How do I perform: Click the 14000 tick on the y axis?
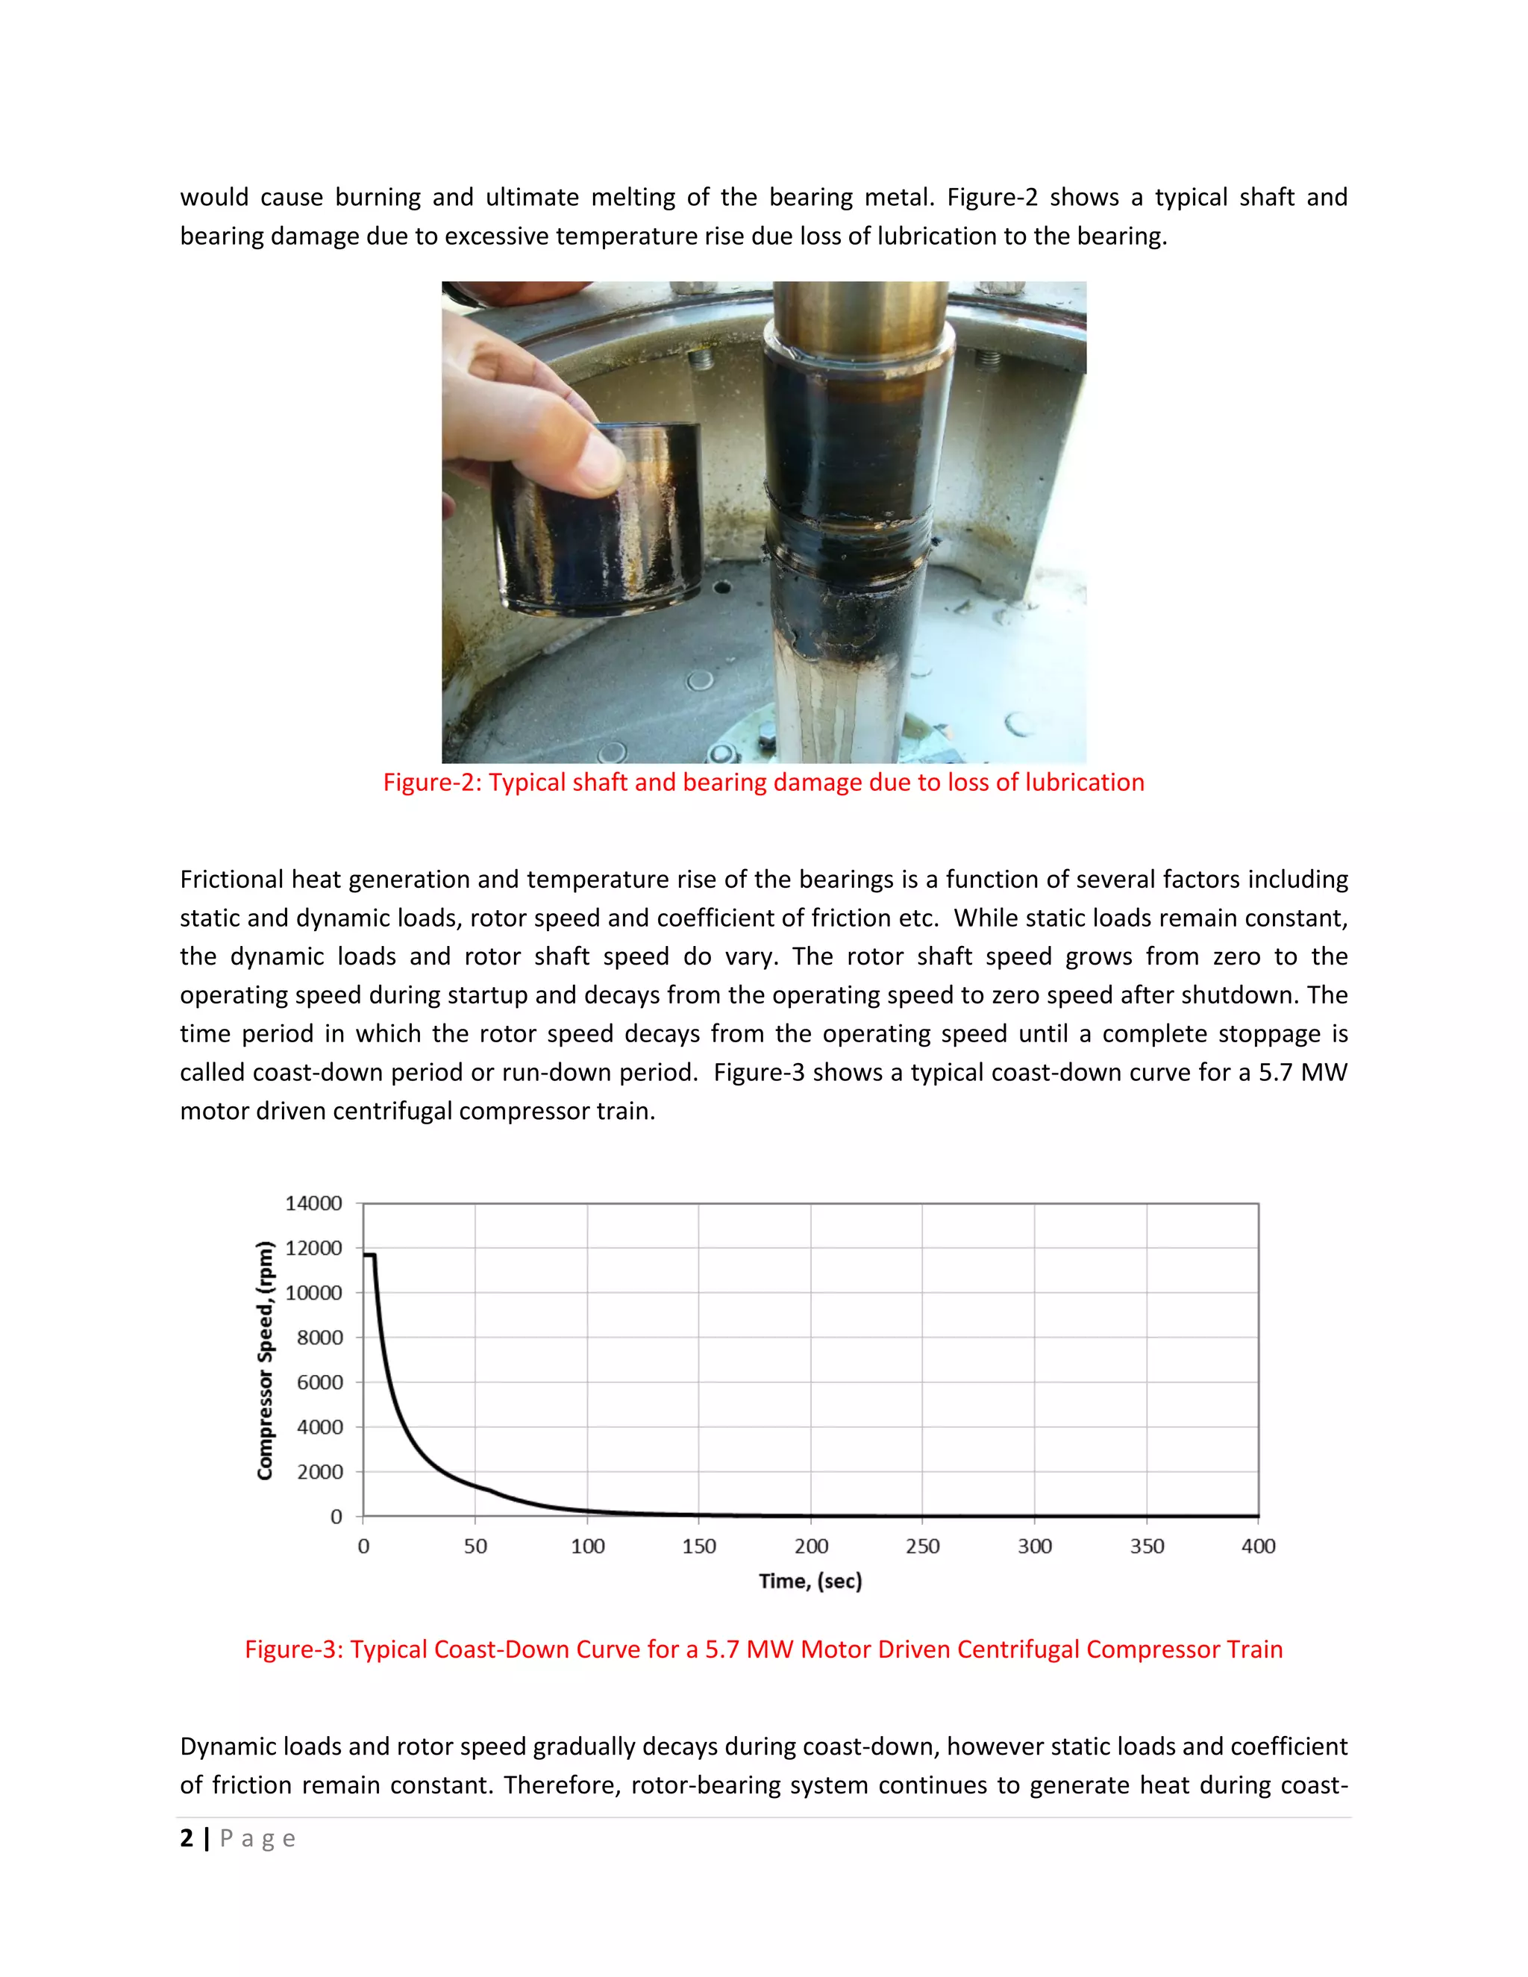tap(313, 1203)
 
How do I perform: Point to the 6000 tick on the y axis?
tap(319, 1382)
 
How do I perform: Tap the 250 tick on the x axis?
tap(922, 1546)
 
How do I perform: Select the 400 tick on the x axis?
tap(1258, 1546)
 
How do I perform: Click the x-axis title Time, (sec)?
tap(810, 1582)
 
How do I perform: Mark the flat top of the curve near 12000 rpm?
tap(369, 1255)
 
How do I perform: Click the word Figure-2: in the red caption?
tap(432, 782)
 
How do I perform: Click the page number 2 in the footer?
tap(187, 1838)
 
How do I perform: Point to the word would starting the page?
tap(213, 198)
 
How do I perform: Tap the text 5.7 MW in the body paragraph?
tap(1303, 1073)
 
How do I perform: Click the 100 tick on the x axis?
tap(587, 1546)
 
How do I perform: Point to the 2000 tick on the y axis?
tap(319, 1472)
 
